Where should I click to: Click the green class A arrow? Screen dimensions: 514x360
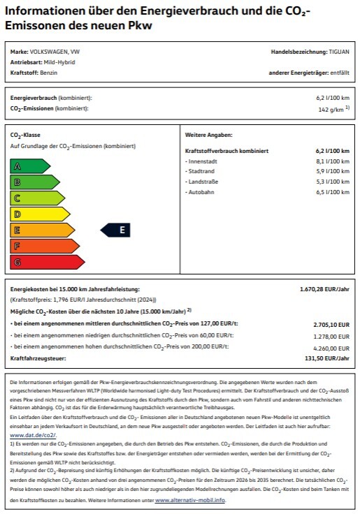[28, 166]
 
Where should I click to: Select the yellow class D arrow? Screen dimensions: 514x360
[38, 214]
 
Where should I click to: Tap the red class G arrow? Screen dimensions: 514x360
[48, 262]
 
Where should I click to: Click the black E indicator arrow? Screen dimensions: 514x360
[116, 230]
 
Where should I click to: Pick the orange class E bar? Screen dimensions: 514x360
[42, 230]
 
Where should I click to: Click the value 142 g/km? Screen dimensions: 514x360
[331, 110]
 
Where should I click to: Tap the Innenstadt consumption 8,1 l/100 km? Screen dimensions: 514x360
[331, 161]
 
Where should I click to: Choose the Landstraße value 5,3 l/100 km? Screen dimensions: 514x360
[331, 181]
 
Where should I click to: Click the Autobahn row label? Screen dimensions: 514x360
[200, 191]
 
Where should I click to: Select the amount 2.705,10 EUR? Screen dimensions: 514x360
[332, 324]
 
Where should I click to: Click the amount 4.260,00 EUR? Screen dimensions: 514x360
[332, 348]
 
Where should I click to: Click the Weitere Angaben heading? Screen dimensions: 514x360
[208, 134]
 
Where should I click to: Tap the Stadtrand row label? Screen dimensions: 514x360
[201, 171]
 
